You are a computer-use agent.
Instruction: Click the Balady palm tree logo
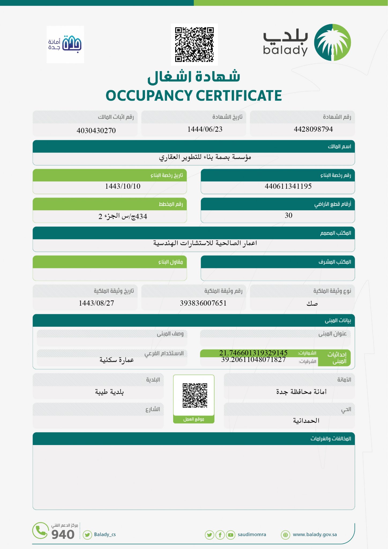pos(332,42)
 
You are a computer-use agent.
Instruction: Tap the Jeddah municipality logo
pos(65,44)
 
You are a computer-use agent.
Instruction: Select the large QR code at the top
pos(194,44)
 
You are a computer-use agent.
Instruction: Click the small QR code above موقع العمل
pos(195,395)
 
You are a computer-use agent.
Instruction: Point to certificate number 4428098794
pos(313,129)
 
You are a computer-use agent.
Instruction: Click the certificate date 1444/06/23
pos(205,129)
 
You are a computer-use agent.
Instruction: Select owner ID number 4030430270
pos(96,131)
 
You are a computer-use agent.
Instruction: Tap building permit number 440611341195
pos(288,186)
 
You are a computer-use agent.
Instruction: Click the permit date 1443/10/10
pos(123,186)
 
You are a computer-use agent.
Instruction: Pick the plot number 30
pos(288,215)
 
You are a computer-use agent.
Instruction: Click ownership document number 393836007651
pos(203,303)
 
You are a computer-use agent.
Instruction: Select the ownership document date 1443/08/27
pos(96,303)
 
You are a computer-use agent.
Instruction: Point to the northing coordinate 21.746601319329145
pos(253,353)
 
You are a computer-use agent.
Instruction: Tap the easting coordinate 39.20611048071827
pos(253,360)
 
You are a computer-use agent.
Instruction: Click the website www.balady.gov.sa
pos(315,535)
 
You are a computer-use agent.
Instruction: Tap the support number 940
pos(63,535)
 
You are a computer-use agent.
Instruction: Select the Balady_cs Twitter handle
pos(105,535)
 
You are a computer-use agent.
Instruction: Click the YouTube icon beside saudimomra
pos(230,535)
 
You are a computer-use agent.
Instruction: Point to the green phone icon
pos(40,531)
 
